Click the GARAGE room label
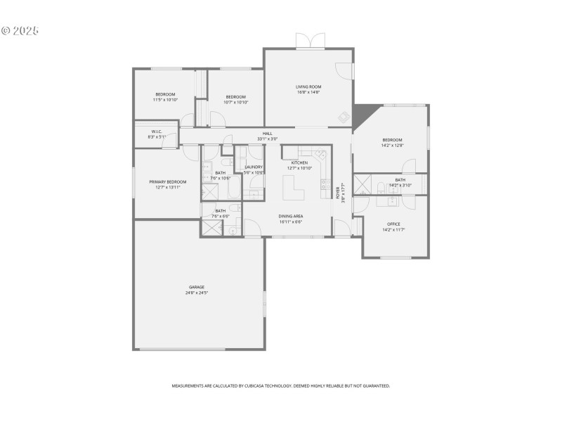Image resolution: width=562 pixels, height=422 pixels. [x=197, y=287]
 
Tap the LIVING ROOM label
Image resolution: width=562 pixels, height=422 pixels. [x=308, y=87]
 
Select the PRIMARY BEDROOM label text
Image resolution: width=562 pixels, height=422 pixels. [x=167, y=182]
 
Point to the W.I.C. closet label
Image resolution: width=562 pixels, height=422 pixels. [x=157, y=132]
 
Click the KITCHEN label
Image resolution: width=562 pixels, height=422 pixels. [x=300, y=162]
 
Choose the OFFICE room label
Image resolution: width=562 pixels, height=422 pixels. [x=393, y=224]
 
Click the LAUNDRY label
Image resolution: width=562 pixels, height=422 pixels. [x=254, y=167]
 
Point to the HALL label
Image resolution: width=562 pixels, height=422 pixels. [x=267, y=134]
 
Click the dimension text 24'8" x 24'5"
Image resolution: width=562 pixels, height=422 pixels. [x=197, y=293]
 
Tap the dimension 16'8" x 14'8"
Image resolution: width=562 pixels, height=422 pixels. [x=308, y=92]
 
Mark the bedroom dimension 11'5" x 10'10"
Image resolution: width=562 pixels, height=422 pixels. [x=165, y=100]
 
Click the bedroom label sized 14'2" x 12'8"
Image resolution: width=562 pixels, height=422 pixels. [x=392, y=139]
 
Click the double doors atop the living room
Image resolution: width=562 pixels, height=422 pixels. [x=310, y=40]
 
